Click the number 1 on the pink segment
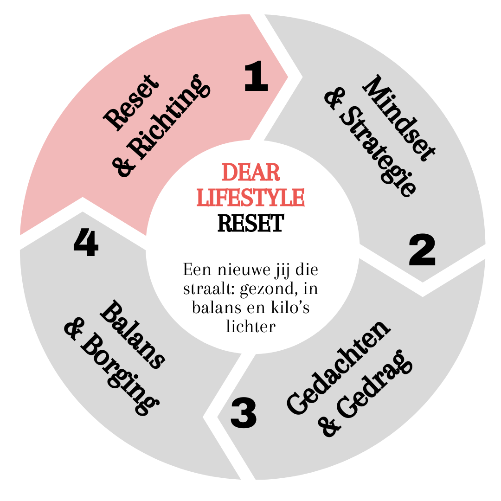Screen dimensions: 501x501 pos(256,77)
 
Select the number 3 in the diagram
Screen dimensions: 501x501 pos(243,414)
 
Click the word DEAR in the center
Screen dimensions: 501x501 pos(251,173)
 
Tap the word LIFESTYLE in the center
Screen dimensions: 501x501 pos(251,197)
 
